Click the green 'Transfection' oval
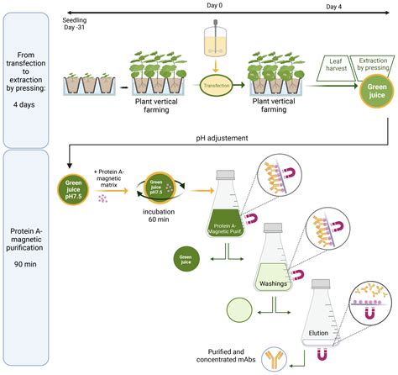[x=217, y=86]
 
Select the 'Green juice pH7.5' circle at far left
[x=73, y=191]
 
